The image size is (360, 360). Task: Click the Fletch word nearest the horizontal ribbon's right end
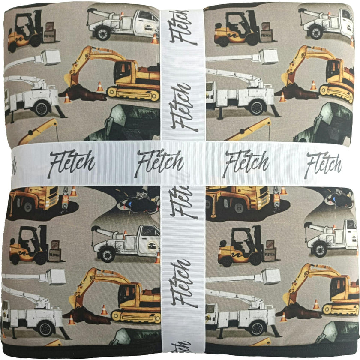point(324,165)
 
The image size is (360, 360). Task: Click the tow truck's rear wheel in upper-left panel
point(102,33)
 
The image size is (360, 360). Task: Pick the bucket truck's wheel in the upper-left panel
point(42,108)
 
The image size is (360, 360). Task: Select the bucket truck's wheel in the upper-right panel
point(257,107)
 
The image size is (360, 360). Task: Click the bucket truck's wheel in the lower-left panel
point(46,329)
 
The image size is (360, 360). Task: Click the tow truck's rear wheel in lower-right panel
point(320,250)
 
